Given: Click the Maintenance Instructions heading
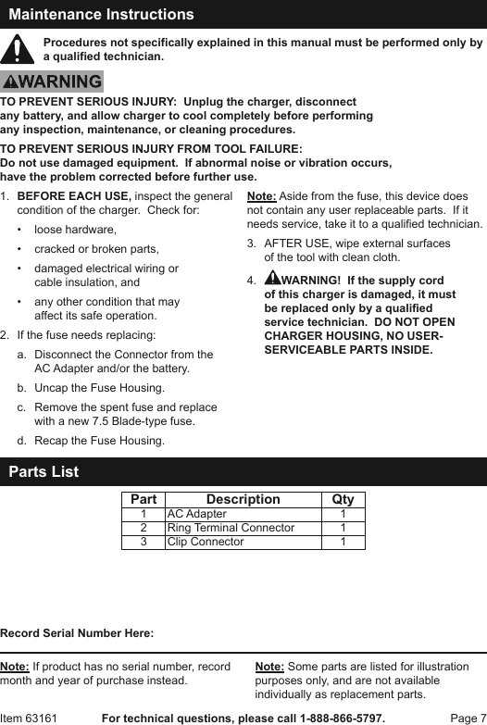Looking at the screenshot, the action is pyautogui.click(x=101, y=15).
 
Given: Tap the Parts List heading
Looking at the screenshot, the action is pyautogui.click(x=44, y=472).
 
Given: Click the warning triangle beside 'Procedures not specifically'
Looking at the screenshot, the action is pyautogui.click(x=19, y=50).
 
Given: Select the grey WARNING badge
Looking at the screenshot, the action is pyautogui.click(x=52, y=82).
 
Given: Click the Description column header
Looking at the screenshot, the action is pyautogui.click(x=243, y=499).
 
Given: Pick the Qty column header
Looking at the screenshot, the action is pyautogui.click(x=343, y=499).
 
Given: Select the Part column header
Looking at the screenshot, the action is pyautogui.click(x=144, y=499).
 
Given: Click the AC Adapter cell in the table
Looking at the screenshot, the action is pyautogui.click(x=196, y=514).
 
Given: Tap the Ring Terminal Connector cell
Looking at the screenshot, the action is pyautogui.click(x=231, y=528).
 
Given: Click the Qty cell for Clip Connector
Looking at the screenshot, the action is pyautogui.click(x=343, y=542).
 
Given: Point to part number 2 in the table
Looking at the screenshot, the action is pyautogui.click(x=144, y=528).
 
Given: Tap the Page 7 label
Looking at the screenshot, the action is pyautogui.click(x=468, y=718).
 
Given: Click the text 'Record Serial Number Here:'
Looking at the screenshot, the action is pyautogui.click(x=77, y=633).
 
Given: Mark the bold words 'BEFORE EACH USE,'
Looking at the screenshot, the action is pyautogui.click(x=74, y=197).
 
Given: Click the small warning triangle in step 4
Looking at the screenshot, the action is pyautogui.click(x=272, y=280).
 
